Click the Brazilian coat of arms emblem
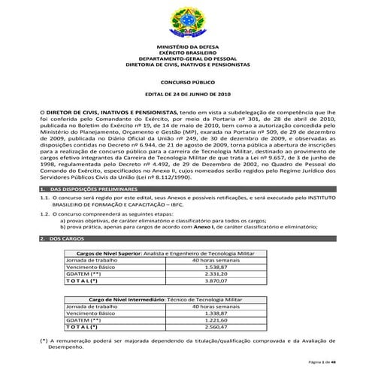point(185,23)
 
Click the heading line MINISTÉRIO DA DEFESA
point(185,47)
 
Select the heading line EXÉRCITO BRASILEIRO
point(185,53)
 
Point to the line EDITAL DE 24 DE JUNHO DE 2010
point(185,94)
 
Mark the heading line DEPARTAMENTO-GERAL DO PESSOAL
point(185,59)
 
